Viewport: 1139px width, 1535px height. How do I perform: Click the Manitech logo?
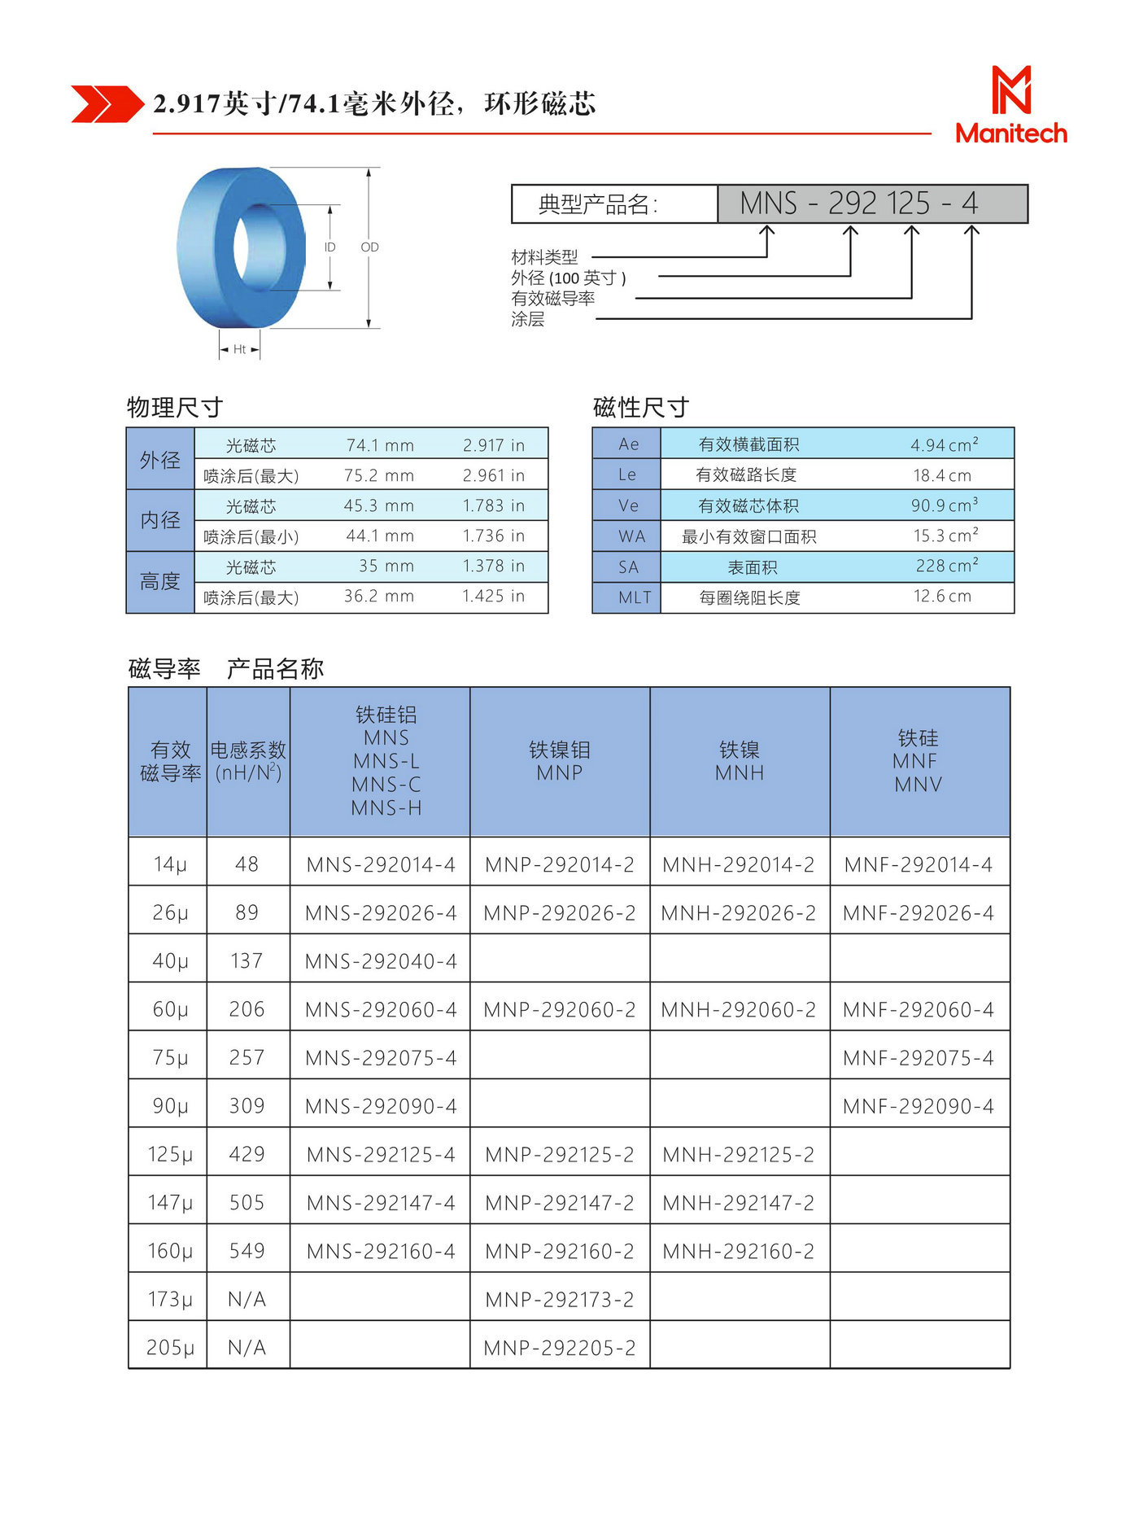click(1010, 106)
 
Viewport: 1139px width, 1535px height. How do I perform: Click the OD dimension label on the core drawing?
click(369, 247)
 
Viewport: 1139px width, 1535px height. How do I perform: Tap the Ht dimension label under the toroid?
click(239, 349)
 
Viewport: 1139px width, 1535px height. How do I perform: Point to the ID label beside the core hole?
click(329, 247)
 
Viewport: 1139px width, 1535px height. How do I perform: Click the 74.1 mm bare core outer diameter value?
click(380, 445)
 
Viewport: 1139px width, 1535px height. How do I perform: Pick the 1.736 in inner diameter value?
click(493, 536)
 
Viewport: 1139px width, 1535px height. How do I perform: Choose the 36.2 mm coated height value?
click(378, 597)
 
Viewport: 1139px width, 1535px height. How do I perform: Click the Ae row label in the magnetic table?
click(628, 444)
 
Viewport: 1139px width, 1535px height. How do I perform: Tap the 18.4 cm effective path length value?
click(941, 475)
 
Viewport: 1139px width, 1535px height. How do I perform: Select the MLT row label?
click(634, 597)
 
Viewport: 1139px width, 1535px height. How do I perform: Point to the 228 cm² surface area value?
click(946, 566)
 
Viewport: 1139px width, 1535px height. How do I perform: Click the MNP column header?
click(559, 761)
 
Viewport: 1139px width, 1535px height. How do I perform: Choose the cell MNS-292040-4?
click(381, 961)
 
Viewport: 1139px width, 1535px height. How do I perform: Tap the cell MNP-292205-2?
click(559, 1348)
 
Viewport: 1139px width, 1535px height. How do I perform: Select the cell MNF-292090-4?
click(918, 1106)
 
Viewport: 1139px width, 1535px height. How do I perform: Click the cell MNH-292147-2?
click(738, 1203)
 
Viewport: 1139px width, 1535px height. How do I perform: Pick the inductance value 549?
click(247, 1251)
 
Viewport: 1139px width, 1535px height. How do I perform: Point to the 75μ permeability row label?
click(170, 1058)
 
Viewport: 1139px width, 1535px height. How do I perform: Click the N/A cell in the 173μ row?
click(247, 1300)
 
